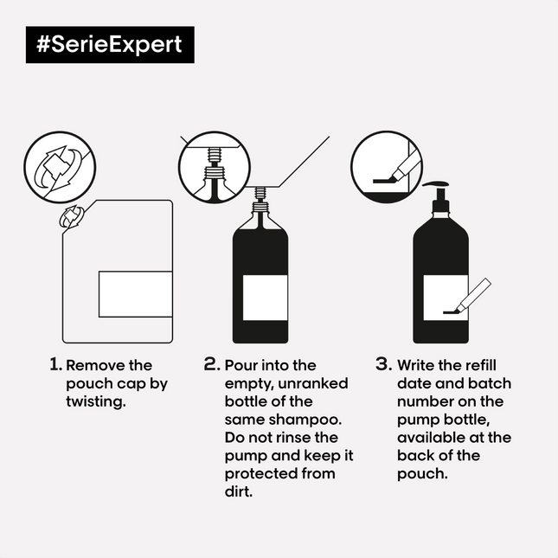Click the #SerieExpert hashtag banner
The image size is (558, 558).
coord(110,44)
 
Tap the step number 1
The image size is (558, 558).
coord(55,364)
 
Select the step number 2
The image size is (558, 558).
coord(212,364)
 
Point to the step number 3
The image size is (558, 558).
coord(384,364)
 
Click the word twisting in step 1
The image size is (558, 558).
coord(96,402)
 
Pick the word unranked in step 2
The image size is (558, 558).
coord(313,383)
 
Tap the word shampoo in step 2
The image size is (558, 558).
coord(305,420)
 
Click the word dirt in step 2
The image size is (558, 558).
coord(239,491)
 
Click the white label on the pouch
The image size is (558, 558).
coord(136,294)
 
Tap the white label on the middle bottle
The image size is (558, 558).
coord(265,298)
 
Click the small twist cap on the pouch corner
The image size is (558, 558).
coord(72,216)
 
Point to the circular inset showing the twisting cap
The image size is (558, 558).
coord(60,167)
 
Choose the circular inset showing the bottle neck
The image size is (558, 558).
coord(215,167)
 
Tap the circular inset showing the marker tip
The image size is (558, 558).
coord(387,167)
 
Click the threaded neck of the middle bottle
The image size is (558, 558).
coord(260,200)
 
